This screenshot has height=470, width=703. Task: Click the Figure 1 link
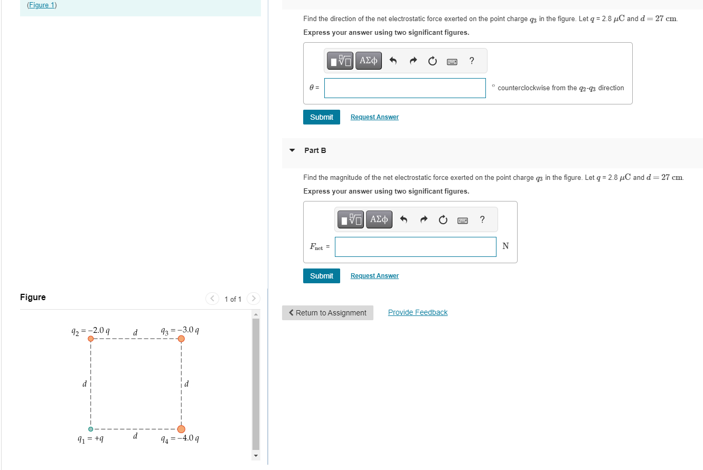[42, 5]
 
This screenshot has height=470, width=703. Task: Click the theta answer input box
[405, 88]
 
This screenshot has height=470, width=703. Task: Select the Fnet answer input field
[415, 246]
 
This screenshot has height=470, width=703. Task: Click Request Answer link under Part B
[374, 276]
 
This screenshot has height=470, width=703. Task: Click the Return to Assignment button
[327, 313]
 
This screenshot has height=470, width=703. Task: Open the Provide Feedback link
[418, 312]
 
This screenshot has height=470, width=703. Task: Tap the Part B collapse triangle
[292, 150]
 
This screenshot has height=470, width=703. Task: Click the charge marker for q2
[91, 339]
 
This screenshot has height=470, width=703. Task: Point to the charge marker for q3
[181, 339]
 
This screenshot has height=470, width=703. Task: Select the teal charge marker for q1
[91, 429]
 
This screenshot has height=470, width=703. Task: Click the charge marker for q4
[181, 429]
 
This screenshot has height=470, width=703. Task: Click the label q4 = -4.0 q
[180, 438]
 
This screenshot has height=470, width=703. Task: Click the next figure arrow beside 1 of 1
[254, 299]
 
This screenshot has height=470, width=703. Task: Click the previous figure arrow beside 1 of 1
[212, 299]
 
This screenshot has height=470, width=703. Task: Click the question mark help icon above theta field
[472, 61]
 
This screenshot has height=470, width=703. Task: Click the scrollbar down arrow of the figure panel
[256, 455]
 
